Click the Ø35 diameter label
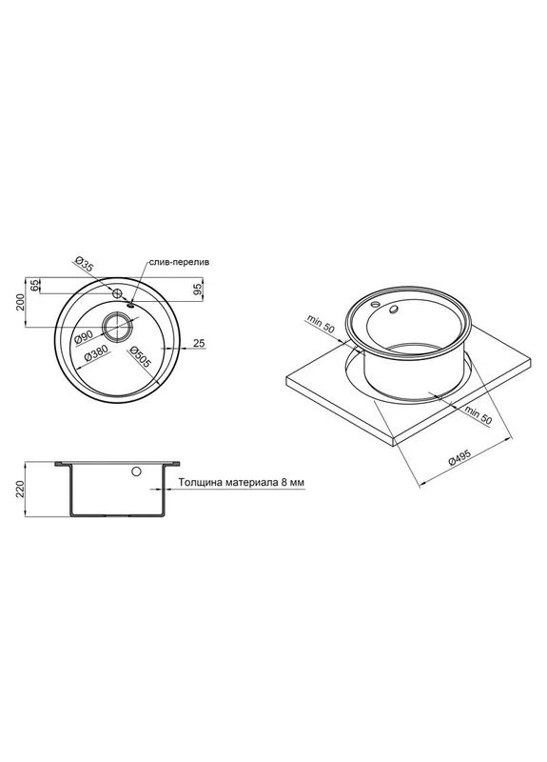coord(83,264)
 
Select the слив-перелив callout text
coord(179,262)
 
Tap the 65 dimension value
coord(33,285)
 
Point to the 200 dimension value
coord(19,302)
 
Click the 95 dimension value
coord(197,290)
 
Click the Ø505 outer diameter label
coord(141,356)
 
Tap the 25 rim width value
coord(199,343)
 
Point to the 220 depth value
coord(20,489)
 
